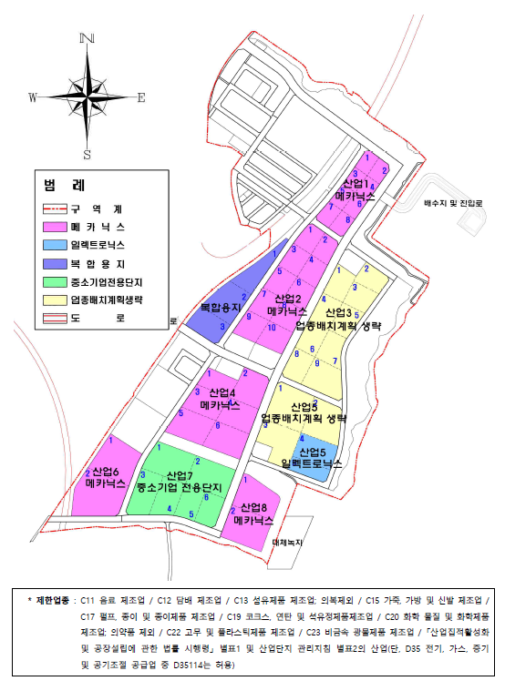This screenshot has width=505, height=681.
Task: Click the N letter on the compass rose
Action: (x=88, y=38)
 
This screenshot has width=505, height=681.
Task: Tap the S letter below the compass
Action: (x=88, y=154)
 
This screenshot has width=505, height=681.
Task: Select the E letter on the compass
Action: (x=141, y=97)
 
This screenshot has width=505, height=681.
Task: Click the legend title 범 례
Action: (x=64, y=186)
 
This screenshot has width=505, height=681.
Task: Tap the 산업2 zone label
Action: (x=285, y=299)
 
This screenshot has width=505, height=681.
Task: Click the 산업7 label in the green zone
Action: (x=181, y=475)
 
